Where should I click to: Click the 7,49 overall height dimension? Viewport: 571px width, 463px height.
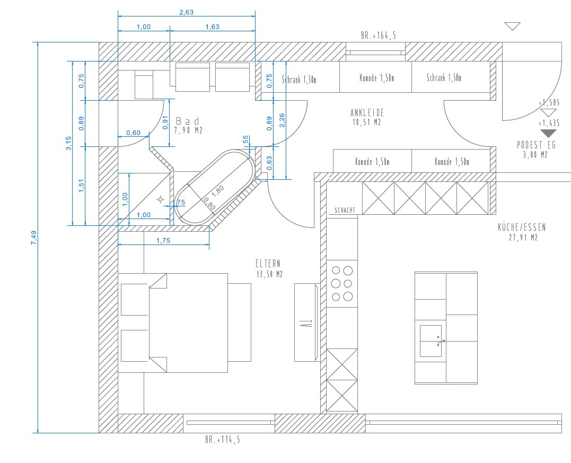tap(34, 238)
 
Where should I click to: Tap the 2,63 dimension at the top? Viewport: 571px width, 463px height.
tap(187, 12)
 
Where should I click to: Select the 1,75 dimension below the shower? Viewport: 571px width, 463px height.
tap(163, 240)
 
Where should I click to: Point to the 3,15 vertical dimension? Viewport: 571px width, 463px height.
tap(69, 143)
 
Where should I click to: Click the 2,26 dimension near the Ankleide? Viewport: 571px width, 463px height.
tap(282, 120)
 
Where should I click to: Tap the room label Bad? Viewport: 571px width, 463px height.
tap(188, 121)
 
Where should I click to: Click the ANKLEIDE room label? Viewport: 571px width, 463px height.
tap(367, 112)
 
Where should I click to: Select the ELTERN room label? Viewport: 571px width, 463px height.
tap(268, 264)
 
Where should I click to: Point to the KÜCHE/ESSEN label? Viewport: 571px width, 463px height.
tap(522, 228)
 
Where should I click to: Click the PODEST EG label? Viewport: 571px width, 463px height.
tap(537, 145)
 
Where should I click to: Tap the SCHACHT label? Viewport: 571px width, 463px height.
tap(345, 210)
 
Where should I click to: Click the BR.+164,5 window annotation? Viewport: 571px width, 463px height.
tap(379, 36)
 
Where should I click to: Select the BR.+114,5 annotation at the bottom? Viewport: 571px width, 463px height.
tap(223, 440)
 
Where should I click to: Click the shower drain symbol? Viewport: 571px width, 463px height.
tap(160, 199)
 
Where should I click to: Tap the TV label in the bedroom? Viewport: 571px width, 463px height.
tap(306, 322)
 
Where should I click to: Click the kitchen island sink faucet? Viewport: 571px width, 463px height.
tap(441, 342)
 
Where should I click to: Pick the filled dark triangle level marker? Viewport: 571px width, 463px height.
tap(548, 133)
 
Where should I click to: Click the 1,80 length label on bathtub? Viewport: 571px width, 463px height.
tap(218, 191)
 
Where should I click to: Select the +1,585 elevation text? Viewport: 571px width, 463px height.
tap(549, 102)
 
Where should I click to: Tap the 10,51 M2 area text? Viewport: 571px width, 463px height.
tap(367, 122)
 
